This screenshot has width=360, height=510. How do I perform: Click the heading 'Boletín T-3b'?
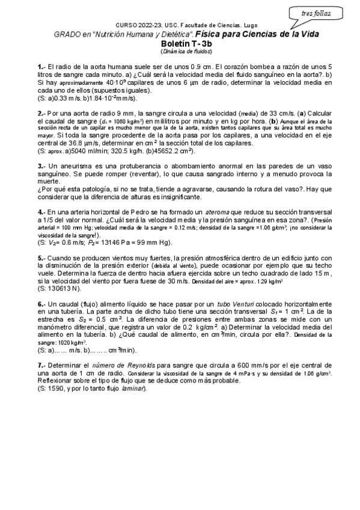pos(180,44)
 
